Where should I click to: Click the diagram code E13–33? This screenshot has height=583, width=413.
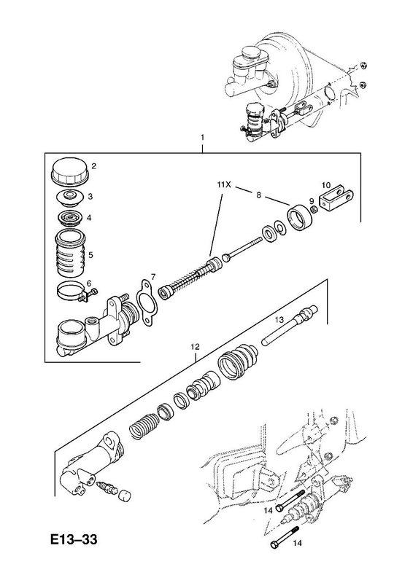tap(74, 539)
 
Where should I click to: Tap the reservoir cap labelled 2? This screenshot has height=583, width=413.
tap(69, 172)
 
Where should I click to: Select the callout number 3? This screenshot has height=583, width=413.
tap(90, 197)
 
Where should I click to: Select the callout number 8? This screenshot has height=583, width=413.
tap(258, 195)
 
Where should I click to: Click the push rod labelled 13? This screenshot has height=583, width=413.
tap(290, 324)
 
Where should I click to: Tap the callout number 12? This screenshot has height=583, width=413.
tap(195, 347)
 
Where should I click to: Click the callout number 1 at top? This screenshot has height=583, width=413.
tap(202, 137)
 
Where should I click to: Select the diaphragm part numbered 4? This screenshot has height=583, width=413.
tap(70, 217)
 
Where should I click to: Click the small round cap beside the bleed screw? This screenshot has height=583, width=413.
tap(124, 495)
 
